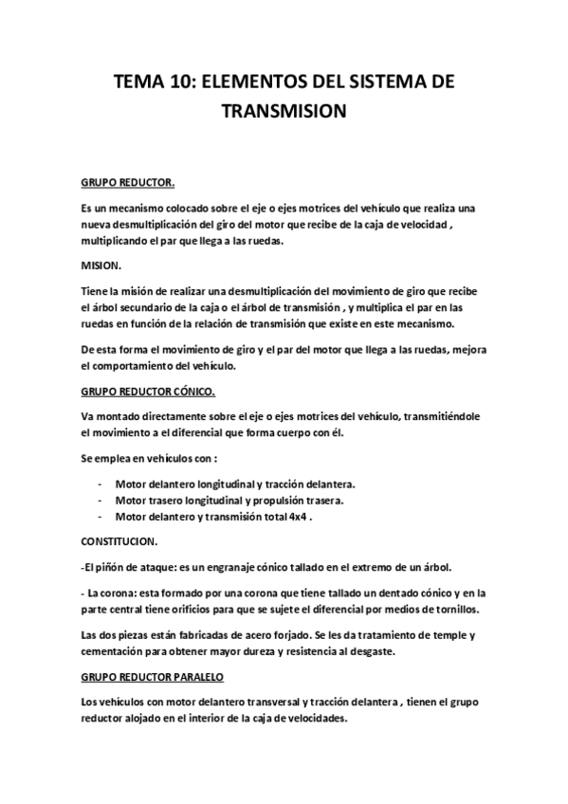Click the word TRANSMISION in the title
pyautogui.click(x=284, y=113)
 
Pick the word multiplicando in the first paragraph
pyautogui.click(x=118, y=241)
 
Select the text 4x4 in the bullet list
pyautogui.click(x=301, y=518)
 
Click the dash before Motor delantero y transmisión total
pyautogui.click(x=101, y=518)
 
